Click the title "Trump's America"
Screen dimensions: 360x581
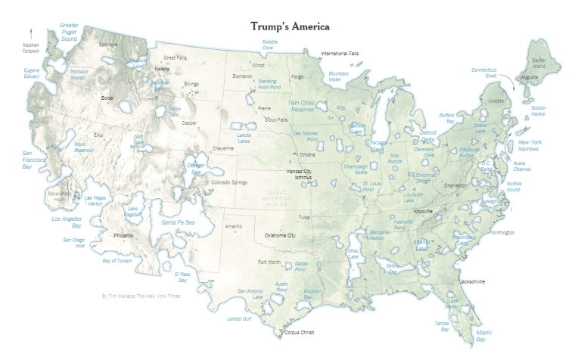[x=290, y=26]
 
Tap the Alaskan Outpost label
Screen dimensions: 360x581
[x=30, y=48]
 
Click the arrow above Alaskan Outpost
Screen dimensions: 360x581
[x=30, y=33]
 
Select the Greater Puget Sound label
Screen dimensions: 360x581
[x=70, y=32]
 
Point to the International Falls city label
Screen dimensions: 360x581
[x=340, y=54]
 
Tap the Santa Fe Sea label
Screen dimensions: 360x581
[x=179, y=222]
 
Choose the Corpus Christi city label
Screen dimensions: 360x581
[x=299, y=332]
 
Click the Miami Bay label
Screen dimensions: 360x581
[x=483, y=335]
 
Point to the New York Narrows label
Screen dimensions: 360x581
[x=529, y=145]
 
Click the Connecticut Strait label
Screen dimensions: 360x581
[x=484, y=73]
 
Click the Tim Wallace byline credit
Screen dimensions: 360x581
[x=141, y=296]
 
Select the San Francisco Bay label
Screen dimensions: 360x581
[x=31, y=160]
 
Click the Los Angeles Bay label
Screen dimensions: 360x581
[x=66, y=222]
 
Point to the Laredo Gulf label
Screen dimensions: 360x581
[x=241, y=318]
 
